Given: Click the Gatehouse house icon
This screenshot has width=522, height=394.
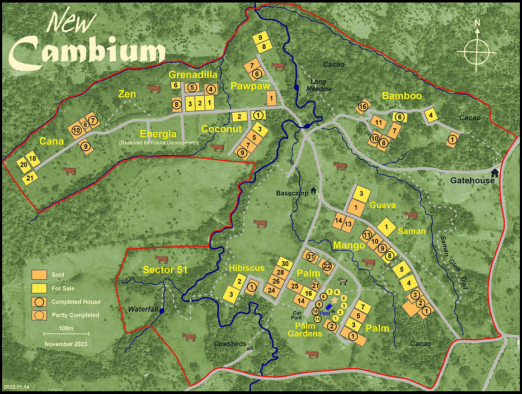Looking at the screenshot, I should coord(495,171).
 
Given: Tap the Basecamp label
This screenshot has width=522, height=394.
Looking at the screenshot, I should coord(292,193).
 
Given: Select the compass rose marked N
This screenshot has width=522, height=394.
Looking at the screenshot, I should coord(477,50).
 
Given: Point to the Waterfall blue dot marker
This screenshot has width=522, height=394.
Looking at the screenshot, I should coord(162,310).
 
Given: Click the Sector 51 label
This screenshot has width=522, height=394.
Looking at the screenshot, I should coord(165,270).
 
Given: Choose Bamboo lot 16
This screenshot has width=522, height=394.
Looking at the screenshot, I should coord(363,106).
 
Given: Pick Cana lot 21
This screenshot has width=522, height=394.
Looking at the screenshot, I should coord(30,178).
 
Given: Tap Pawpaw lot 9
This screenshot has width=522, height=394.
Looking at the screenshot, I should coord(260,37).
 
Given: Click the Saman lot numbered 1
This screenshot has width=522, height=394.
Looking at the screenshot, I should coord(386,227).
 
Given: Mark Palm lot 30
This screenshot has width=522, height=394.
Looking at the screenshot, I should coord(284,264).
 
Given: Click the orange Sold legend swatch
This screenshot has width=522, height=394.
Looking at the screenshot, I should coord(39,275).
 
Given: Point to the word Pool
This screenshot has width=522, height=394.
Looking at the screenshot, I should coord(325,313).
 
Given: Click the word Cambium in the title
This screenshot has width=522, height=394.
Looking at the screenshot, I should coord(89,52).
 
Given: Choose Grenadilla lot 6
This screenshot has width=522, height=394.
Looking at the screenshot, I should coord(176,86).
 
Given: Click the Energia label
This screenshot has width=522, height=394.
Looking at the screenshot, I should coord(158,133).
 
